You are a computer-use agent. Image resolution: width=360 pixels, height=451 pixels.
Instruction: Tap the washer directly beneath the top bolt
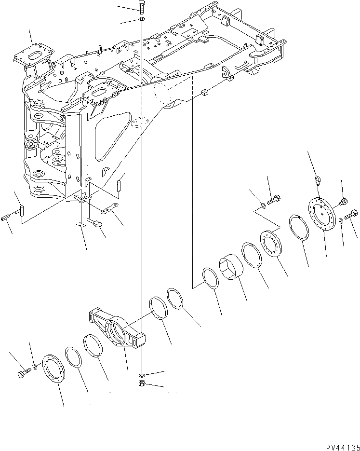[142, 19]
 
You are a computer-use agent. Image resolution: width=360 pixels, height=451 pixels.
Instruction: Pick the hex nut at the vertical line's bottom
[143, 384]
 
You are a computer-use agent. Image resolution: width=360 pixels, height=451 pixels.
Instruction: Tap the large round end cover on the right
[322, 214]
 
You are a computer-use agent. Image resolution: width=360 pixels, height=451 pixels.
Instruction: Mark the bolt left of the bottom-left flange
[23, 375]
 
